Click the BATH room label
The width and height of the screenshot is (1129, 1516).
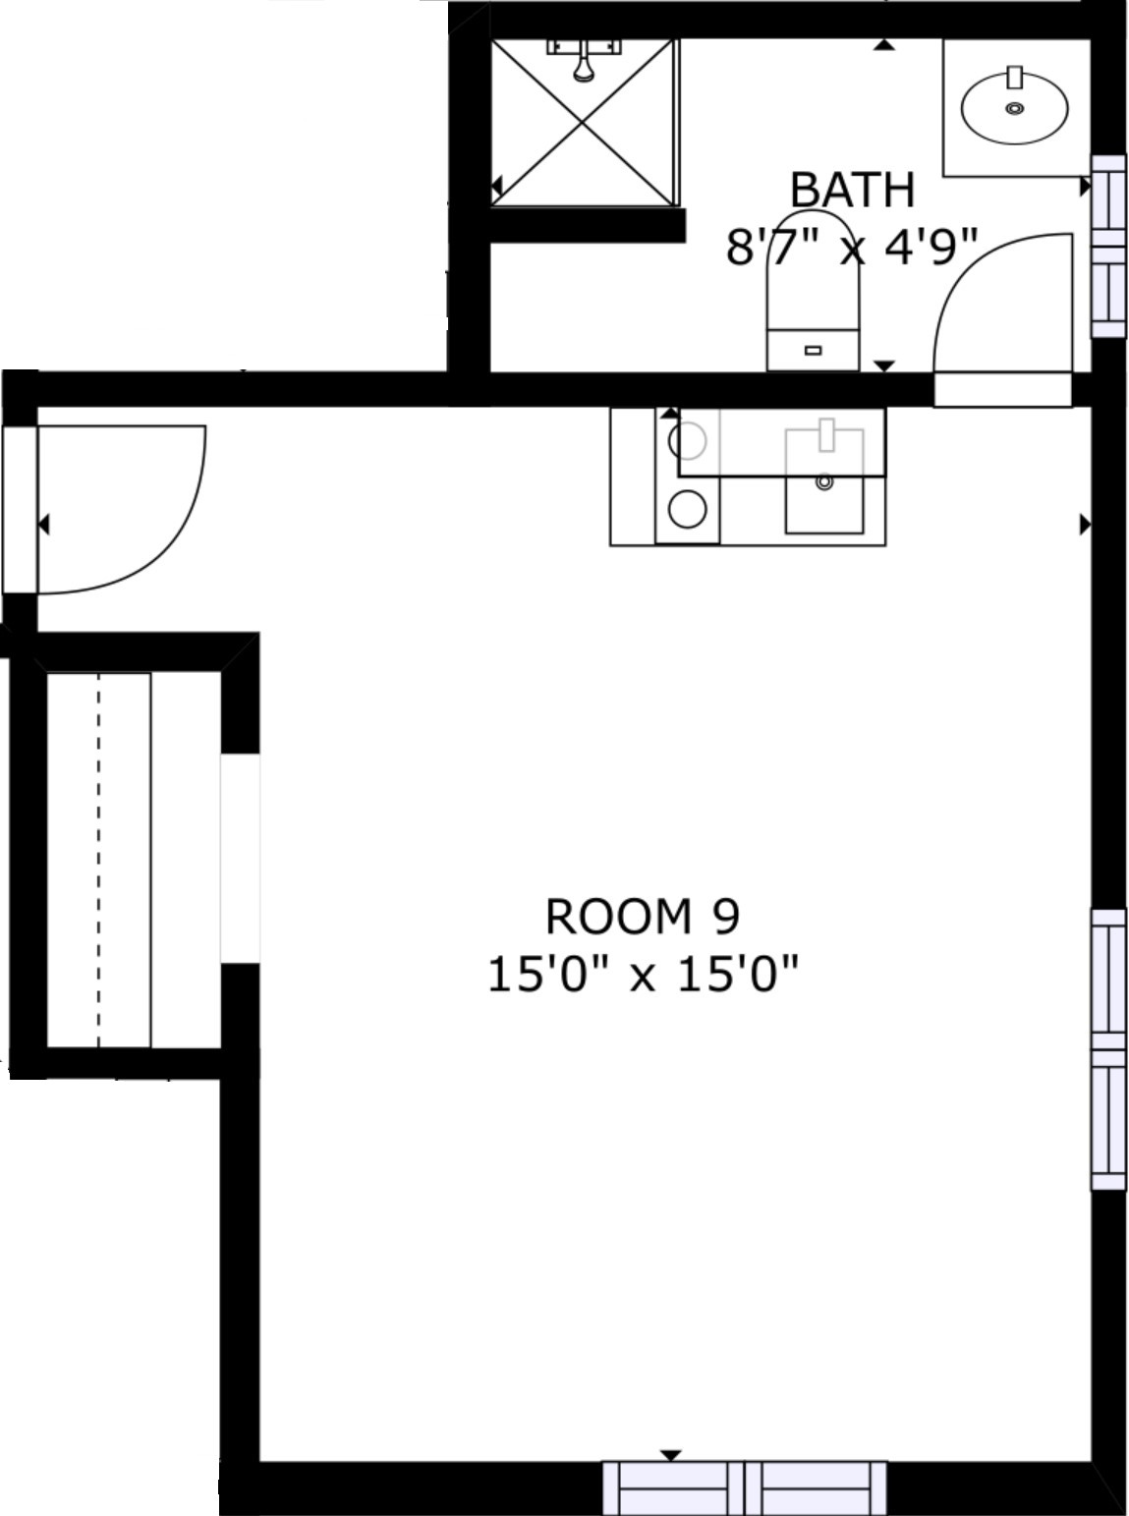tap(852, 190)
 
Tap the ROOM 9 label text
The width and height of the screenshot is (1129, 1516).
tap(642, 917)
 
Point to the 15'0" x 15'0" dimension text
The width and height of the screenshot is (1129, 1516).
tap(642, 974)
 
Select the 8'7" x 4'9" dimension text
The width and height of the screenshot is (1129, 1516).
tap(851, 247)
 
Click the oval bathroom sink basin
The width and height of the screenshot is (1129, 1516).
tap(1015, 108)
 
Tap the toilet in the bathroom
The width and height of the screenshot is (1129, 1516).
tap(813, 292)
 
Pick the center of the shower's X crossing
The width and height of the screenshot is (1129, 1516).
tap(582, 123)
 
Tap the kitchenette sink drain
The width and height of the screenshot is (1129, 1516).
tap(824, 481)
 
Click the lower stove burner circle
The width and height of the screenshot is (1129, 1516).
tap(687, 509)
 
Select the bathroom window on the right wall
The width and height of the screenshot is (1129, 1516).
tap(1107, 246)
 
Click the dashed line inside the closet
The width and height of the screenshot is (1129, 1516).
tap(98, 861)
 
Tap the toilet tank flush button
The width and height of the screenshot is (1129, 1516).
tap(813, 351)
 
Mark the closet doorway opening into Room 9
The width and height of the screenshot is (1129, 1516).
tap(240, 859)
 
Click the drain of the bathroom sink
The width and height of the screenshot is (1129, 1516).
tap(1015, 108)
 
